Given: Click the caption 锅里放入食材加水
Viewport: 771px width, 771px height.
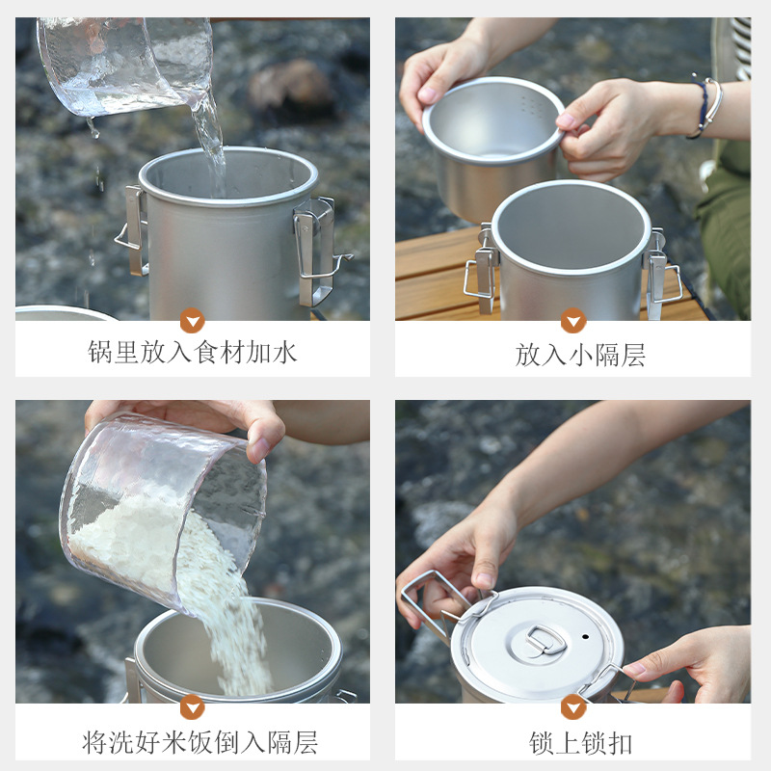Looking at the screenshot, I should [193, 352].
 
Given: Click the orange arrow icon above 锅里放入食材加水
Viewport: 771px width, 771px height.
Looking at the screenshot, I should [192, 321].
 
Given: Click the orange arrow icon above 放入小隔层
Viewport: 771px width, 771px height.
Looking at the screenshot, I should [573, 321].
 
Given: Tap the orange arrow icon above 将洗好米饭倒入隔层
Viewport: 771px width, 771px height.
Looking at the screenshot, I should [192, 706].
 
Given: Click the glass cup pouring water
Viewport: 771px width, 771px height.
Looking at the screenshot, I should [125, 63].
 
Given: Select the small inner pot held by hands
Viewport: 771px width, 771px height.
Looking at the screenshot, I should [492, 140].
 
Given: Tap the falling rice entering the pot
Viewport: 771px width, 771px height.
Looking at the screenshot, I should [236, 626].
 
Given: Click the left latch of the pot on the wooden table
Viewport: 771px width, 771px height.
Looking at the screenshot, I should [482, 275].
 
